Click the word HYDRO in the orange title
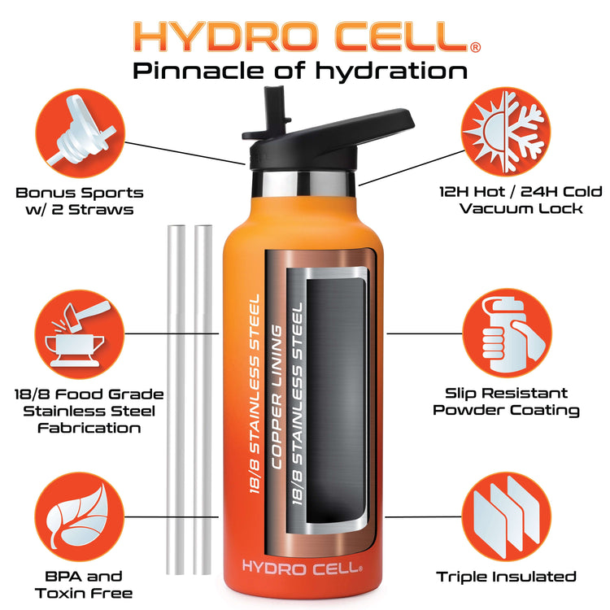tap(225, 36)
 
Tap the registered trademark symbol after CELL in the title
tap(476, 47)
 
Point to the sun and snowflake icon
tap(506, 131)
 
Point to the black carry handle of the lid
tap(350, 129)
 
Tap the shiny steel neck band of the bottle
tap(304, 183)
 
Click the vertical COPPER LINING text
tap(276, 397)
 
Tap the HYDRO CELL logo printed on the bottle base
tap(302, 567)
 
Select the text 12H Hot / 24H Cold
tap(521, 192)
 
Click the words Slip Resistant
tap(506, 394)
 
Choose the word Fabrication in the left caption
tap(89, 428)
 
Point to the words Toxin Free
tap(84, 593)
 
